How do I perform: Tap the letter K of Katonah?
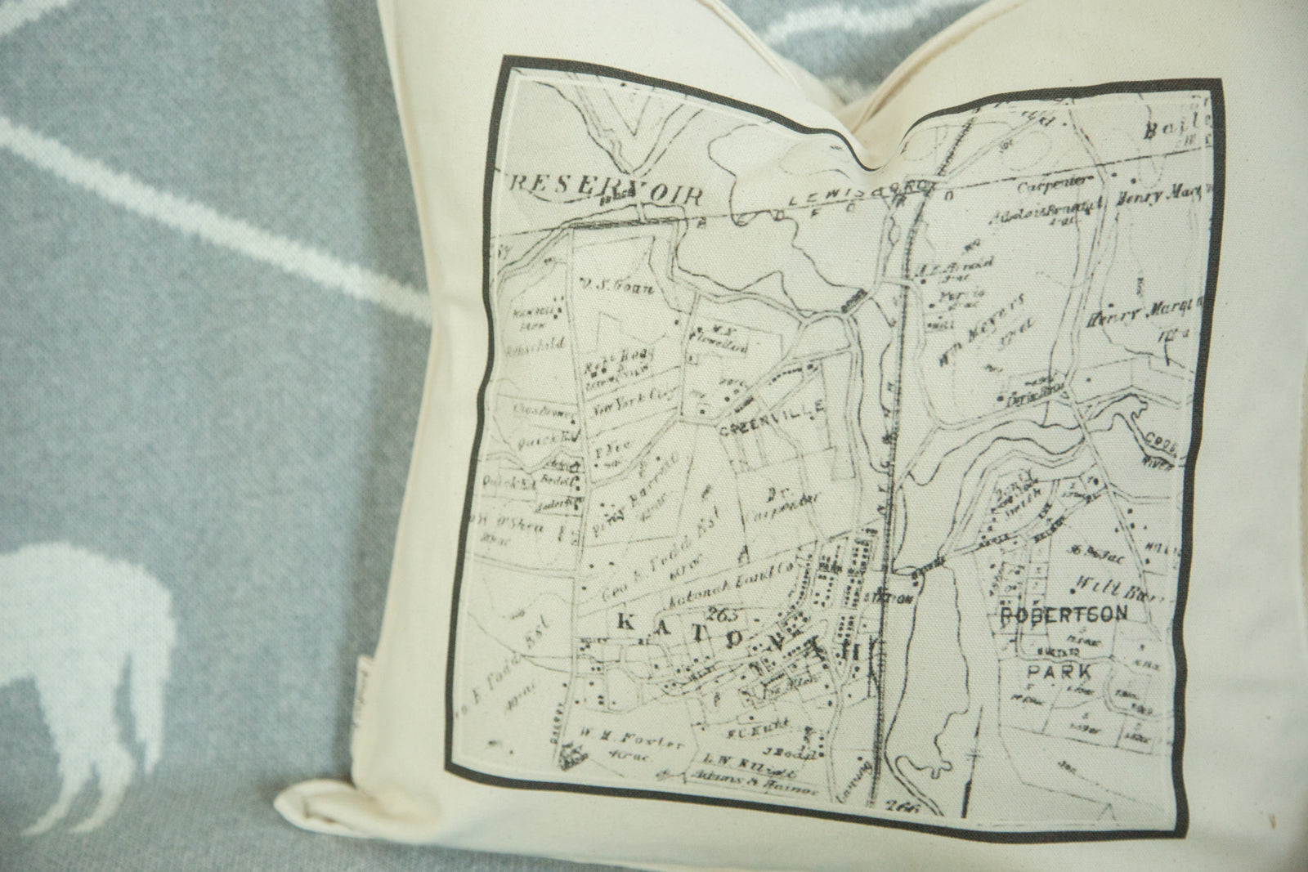[624, 623]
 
